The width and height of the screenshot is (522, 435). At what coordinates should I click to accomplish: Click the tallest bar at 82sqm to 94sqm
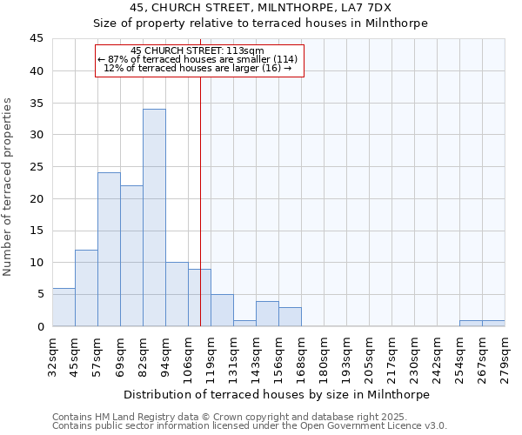[154, 217]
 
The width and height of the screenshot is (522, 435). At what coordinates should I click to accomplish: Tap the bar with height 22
[131, 256]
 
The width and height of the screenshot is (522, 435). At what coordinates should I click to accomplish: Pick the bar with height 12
[86, 288]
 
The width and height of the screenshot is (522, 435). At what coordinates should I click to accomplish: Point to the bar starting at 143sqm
[267, 314]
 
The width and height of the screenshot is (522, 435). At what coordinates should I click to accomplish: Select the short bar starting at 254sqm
[471, 324]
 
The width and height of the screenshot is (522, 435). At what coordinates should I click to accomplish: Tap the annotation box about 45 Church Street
[199, 60]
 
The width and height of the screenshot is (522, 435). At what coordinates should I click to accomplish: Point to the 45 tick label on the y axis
[37, 39]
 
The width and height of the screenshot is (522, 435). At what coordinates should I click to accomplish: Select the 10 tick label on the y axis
[37, 263]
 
